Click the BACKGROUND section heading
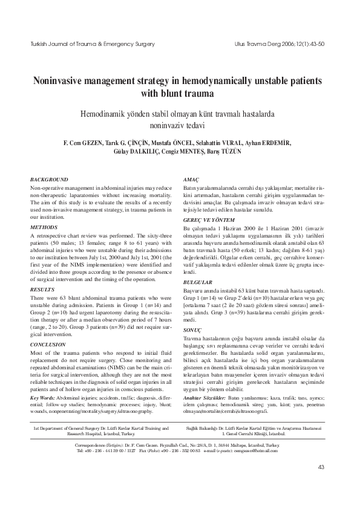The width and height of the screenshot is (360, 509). click(x=49, y=180)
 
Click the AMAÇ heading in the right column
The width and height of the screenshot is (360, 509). click(x=191, y=180)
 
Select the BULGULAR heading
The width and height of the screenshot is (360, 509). click(x=198, y=282)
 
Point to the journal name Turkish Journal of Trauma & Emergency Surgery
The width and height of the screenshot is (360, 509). click(x=88, y=45)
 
